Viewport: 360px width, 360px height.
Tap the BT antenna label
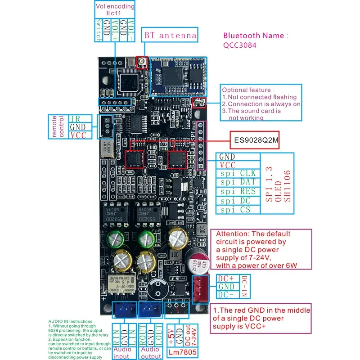pyautogui.click(x=170, y=35)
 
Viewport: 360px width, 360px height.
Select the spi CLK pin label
pyautogui.click(x=238, y=173)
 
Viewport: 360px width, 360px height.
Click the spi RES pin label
pyautogui.click(x=238, y=191)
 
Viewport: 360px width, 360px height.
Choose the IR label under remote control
pyautogui.click(x=75, y=119)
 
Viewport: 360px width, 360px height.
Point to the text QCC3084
pyautogui.click(x=242, y=45)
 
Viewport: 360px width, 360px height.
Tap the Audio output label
pyautogui.click(x=150, y=352)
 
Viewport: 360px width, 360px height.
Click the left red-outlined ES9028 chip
pyautogui.click(x=134, y=159)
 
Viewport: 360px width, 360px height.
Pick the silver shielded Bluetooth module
pyautogui.click(x=178, y=77)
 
